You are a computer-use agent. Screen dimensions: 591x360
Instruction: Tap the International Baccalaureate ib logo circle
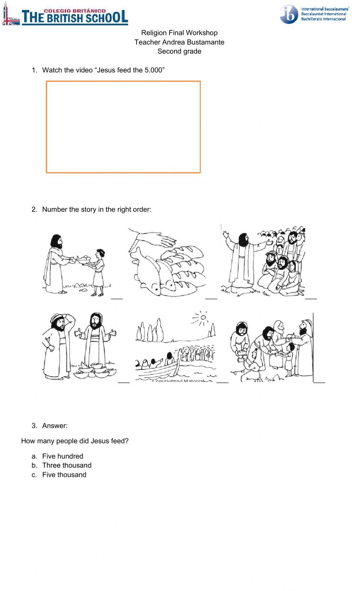pyautogui.click(x=289, y=15)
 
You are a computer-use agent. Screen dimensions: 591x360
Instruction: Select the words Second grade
pyautogui.click(x=179, y=51)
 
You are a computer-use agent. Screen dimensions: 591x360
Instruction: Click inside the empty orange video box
pyautogui.click(x=123, y=127)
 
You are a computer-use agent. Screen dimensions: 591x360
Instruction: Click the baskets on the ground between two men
pyautogui.click(x=93, y=370)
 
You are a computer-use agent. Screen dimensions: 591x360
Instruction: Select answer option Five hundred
pyautogui.click(x=63, y=456)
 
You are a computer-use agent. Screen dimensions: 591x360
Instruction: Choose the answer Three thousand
pyautogui.click(x=67, y=465)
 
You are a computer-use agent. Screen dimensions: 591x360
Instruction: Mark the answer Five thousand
pyautogui.click(x=64, y=475)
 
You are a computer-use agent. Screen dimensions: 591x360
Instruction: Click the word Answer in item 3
pyautogui.click(x=55, y=426)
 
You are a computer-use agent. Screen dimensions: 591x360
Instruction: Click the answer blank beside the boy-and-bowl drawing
pyautogui.click(x=117, y=297)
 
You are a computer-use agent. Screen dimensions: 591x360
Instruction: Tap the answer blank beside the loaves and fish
pyautogui.click(x=211, y=297)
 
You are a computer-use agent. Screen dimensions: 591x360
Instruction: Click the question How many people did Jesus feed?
pyautogui.click(x=75, y=441)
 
